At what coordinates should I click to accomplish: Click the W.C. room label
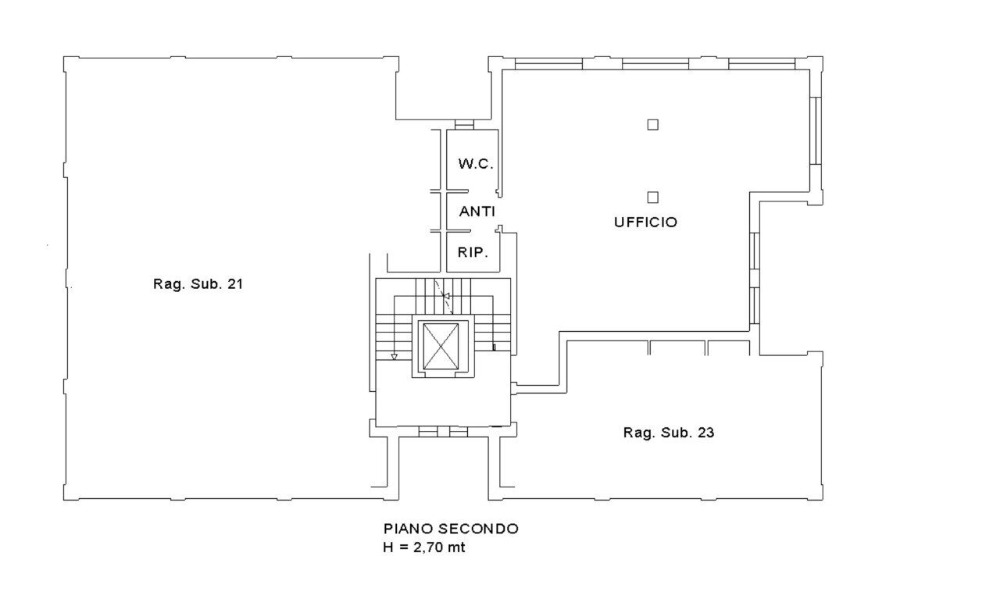pos(475,164)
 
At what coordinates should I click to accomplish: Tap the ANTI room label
pos(477,212)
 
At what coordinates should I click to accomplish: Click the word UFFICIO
pos(645,223)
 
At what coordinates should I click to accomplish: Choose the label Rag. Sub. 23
pos(668,433)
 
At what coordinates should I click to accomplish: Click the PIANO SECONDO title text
pos(450,529)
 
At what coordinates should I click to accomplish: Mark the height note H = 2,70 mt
pos(423,547)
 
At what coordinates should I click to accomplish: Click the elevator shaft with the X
pos(440,347)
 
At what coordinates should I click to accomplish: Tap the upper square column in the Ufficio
pos(652,123)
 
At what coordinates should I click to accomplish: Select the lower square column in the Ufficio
pos(652,197)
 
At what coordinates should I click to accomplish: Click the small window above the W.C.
pos(464,125)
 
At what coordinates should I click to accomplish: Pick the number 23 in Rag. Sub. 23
pos(705,433)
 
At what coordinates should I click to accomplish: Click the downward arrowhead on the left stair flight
pos(394,357)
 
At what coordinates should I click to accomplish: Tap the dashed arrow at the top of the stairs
pos(445,297)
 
